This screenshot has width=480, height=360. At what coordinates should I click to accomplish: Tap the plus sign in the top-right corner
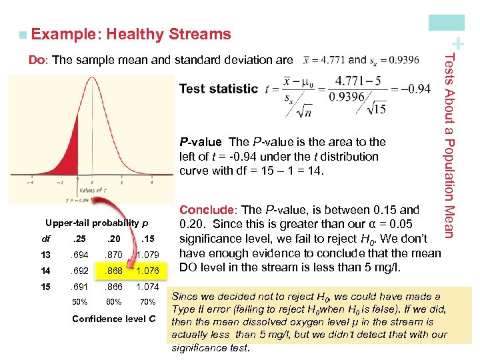point(459,45)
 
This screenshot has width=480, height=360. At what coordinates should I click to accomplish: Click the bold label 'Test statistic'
point(218,89)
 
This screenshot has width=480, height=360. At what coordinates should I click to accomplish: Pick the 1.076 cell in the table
point(147,270)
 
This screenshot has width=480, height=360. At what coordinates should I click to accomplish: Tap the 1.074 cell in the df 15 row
point(147,287)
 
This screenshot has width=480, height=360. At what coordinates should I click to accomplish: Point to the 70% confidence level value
point(147,301)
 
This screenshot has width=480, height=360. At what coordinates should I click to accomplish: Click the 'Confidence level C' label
point(114,318)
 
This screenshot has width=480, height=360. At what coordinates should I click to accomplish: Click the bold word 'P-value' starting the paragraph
point(200,141)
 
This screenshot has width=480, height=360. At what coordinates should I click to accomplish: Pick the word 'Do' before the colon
point(37,60)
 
